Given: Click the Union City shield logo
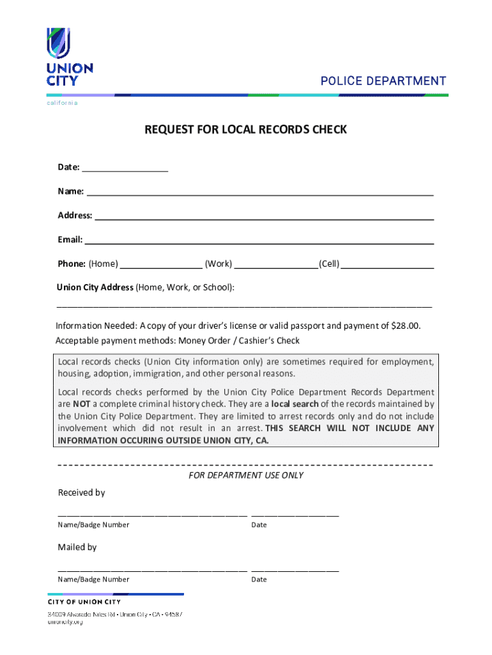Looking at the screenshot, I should (x=58, y=43).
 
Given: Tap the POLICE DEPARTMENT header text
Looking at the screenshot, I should (x=383, y=81).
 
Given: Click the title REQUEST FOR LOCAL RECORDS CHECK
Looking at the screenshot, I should (x=245, y=130).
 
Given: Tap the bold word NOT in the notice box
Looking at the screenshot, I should (x=81, y=404).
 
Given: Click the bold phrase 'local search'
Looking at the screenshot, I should (x=295, y=404).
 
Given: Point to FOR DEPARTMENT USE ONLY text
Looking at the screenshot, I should (x=246, y=475).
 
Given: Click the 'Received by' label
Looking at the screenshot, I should (x=81, y=493).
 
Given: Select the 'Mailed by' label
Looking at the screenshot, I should (x=77, y=547).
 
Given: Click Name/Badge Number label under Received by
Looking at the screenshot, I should (x=93, y=525).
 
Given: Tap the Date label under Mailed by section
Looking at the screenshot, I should (x=259, y=580).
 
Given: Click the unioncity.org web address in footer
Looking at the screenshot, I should (x=66, y=622).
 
